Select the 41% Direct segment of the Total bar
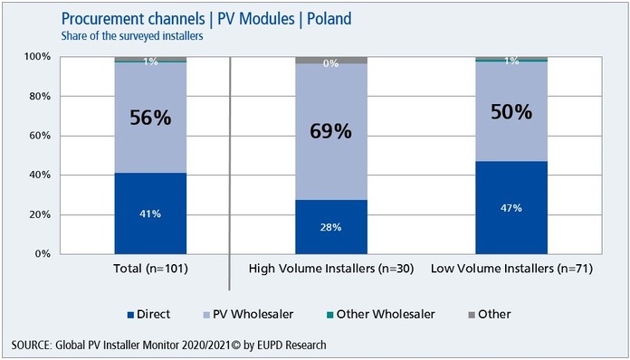coord(150,213)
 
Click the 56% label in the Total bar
coord(150,118)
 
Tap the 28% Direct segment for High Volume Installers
coord(331,227)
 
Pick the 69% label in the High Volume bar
coord(331,132)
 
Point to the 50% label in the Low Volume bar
coord(511,114)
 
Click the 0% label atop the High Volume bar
coord(331,63)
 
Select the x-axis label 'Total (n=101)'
coord(150,269)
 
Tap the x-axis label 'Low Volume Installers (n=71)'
coord(511,269)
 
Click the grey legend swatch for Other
coord(470,315)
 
